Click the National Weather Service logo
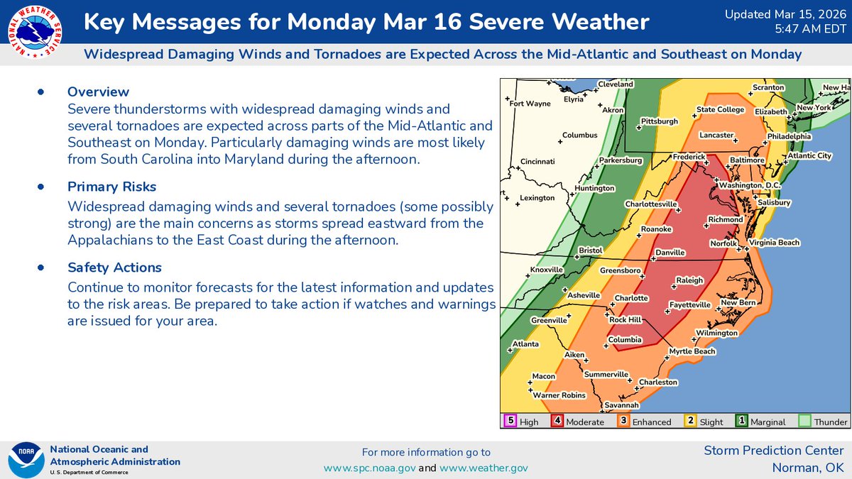(33, 33)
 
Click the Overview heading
(98, 92)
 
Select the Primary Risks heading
(112, 187)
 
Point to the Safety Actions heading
(114, 268)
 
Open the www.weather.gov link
(484, 468)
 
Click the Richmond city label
(725, 220)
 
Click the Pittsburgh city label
(659, 121)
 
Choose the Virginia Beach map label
(774, 243)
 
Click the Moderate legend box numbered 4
(557, 421)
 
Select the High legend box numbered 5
(510, 421)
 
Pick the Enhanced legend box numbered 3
(623, 421)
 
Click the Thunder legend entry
(822, 422)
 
